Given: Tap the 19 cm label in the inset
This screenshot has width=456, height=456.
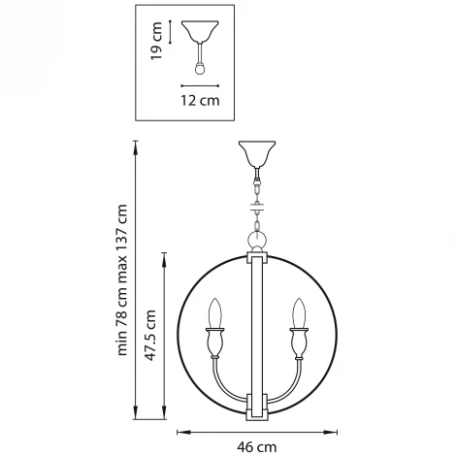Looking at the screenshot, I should [155, 43].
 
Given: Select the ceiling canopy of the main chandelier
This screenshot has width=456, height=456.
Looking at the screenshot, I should [256, 154].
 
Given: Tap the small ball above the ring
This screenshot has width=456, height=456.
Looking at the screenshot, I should [256, 238].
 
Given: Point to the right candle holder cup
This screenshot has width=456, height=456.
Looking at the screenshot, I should [299, 342].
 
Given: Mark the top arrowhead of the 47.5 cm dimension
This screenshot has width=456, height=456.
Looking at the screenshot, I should [162, 254].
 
